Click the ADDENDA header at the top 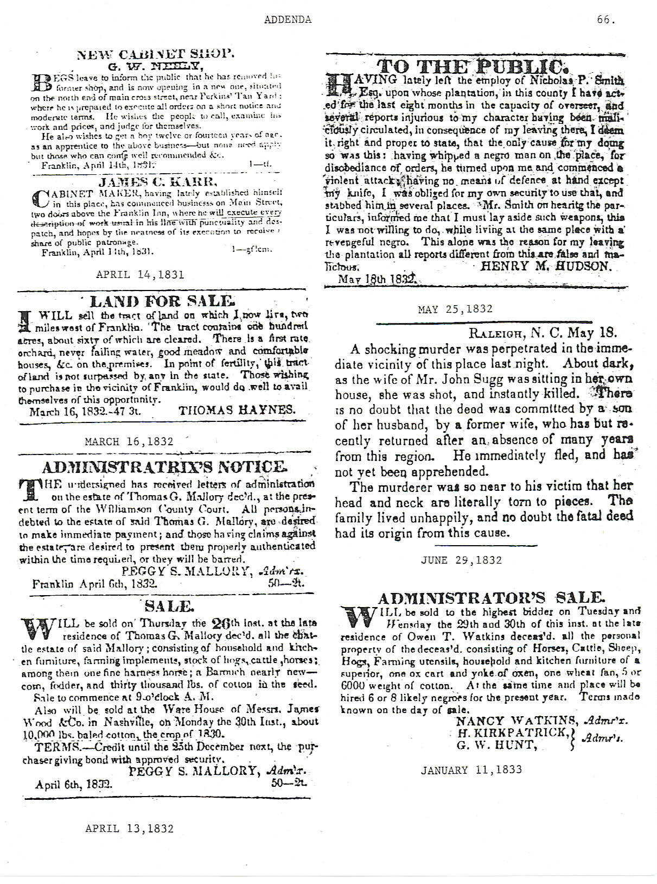click(x=288, y=20)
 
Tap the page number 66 click(x=605, y=20)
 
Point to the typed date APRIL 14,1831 click(x=140, y=275)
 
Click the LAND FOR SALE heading click(x=162, y=301)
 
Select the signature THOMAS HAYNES click(x=237, y=410)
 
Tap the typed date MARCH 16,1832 click(x=129, y=441)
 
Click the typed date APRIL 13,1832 click(x=130, y=829)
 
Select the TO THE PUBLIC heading click(x=473, y=67)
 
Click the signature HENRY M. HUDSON click(x=546, y=266)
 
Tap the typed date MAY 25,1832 click(x=456, y=309)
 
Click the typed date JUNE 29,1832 click(x=462, y=560)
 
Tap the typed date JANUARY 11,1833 click(x=471, y=769)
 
